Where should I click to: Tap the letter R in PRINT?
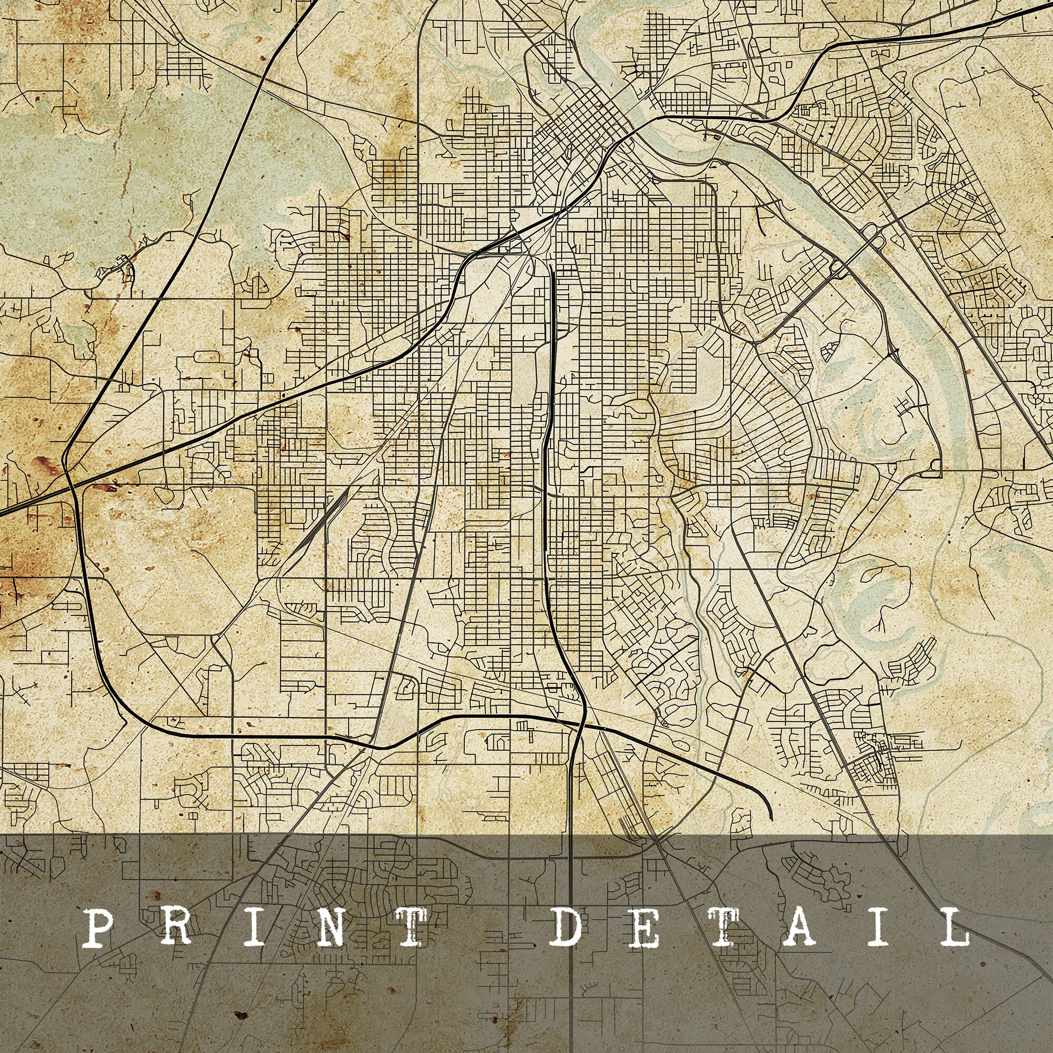pos(175,926)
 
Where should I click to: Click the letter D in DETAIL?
pos(567,926)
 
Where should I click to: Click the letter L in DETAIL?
pos(954,926)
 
